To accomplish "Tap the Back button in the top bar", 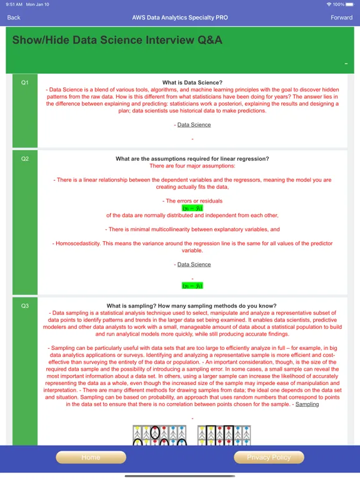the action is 14,17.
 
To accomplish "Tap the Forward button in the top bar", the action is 341,17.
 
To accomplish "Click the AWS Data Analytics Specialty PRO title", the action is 180,17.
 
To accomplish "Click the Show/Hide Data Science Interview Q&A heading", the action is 117,41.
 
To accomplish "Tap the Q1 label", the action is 25,82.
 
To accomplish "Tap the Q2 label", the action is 25,159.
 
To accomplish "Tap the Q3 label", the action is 25,306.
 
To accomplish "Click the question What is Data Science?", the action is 192,82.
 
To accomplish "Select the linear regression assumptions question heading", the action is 192,159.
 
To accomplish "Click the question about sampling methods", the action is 192,306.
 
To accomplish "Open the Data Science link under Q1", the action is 194,125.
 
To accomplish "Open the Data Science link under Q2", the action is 194,264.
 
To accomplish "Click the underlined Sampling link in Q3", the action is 307,404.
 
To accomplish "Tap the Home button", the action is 91,457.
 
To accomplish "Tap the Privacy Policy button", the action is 269,457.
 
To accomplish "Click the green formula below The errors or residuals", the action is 192,208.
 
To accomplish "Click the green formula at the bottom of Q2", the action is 192,286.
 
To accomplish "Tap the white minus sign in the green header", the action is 346,64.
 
